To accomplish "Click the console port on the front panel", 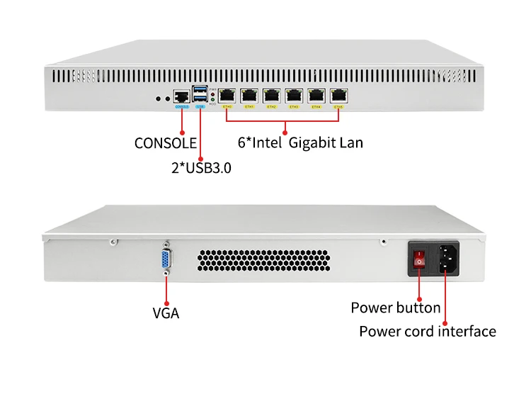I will tap(182, 95).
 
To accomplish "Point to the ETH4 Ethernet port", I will tap(316, 95).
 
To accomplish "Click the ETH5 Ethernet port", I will tap(339, 95).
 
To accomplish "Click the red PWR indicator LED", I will tap(214, 92).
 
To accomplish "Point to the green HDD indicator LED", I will tap(214, 97).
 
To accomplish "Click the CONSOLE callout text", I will tap(166, 143).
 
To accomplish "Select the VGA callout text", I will tap(166, 313).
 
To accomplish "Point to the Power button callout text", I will tap(396, 308).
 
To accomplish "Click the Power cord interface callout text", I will tap(428, 331).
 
